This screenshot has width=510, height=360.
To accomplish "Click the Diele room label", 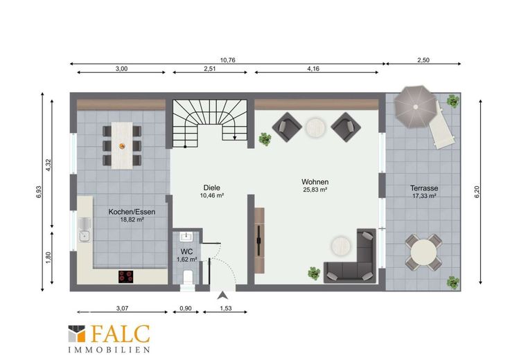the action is point(212,188).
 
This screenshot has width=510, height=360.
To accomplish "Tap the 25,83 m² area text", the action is point(315,190).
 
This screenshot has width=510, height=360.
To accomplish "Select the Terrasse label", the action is point(424,188).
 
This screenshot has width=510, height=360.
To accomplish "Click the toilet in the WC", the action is point(188,276).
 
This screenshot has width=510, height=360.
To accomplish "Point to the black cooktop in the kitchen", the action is point(126,276).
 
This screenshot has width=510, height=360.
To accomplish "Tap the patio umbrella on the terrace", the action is point(415,107).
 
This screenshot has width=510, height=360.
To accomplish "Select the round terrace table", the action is point(423,253).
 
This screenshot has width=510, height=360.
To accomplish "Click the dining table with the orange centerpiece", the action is point(122,145).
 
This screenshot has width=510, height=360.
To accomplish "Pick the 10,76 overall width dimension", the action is point(228,60).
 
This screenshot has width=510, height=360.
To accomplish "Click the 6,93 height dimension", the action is point(39,192).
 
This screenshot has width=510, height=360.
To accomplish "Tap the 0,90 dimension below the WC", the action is point(186,308).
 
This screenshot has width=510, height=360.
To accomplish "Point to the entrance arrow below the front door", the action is point(222,295).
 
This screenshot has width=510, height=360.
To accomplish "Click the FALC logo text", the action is point(121,334).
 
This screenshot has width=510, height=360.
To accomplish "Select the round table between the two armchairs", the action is point(315,127).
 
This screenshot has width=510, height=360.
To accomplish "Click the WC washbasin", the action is point(186,237).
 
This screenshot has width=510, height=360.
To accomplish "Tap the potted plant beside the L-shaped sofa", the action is point(314,273).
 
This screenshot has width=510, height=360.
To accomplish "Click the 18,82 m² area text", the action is point(132,219).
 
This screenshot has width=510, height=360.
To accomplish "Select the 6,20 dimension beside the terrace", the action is point(477,192).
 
